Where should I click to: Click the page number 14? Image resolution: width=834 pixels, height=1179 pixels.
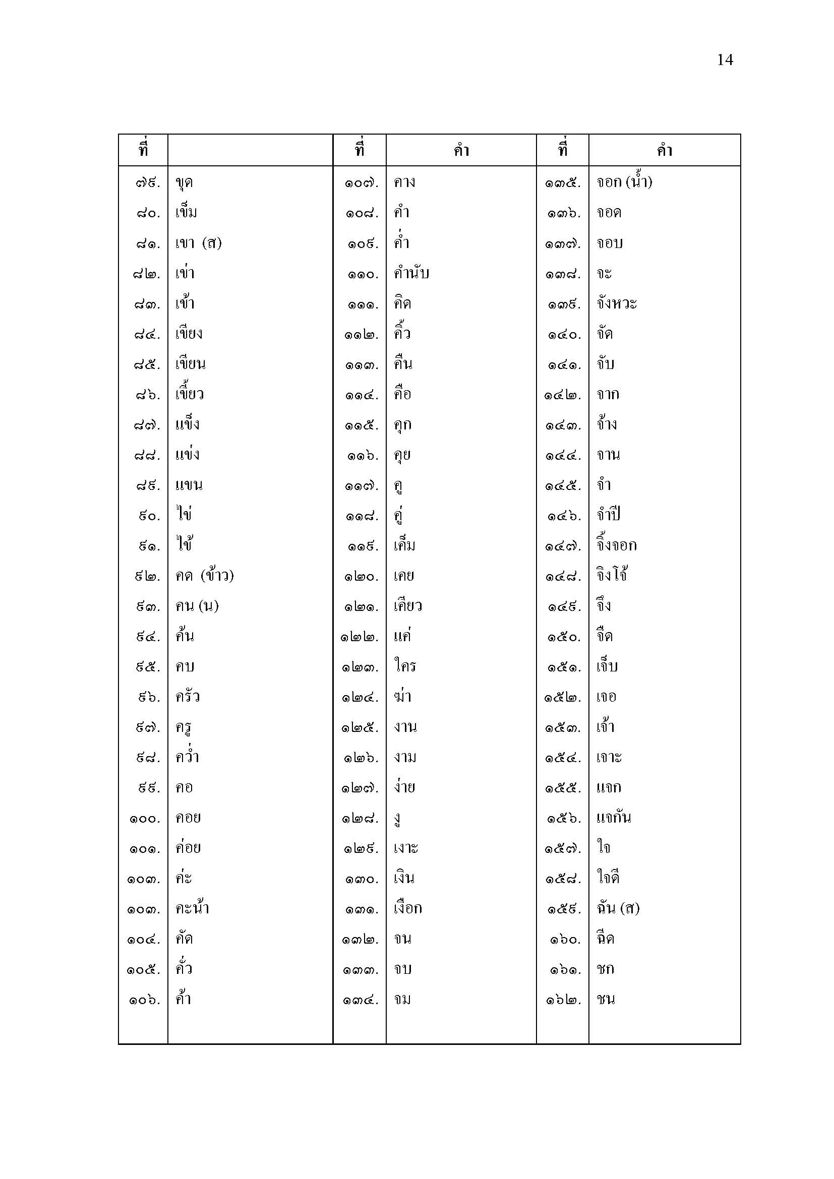[725, 60]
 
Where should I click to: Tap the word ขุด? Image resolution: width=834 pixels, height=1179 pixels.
[185, 183]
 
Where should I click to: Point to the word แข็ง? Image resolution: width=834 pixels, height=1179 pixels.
[188, 424]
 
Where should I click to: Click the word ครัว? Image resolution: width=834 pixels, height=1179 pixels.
[188, 697]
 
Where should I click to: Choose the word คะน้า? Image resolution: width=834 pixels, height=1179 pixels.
[192, 908]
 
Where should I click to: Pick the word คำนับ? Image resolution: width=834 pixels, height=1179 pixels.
[411, 273]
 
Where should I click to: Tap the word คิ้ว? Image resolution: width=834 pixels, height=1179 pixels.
[402, 334]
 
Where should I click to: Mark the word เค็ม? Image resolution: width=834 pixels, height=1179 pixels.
[405, 545]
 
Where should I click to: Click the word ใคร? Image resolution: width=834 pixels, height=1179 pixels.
[405, 666]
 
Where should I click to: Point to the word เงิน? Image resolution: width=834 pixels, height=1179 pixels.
[404, 878]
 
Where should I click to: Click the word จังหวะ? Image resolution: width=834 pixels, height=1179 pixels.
[616, 303]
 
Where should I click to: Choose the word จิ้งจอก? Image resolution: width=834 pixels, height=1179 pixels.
[616, 545]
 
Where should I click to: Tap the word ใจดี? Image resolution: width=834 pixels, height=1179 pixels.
[608, 878]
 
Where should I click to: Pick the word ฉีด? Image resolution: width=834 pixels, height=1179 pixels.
[606, 939]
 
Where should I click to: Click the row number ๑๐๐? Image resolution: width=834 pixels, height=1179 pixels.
[145, 819]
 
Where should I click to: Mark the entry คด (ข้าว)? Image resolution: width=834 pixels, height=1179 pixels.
[204, 576]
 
